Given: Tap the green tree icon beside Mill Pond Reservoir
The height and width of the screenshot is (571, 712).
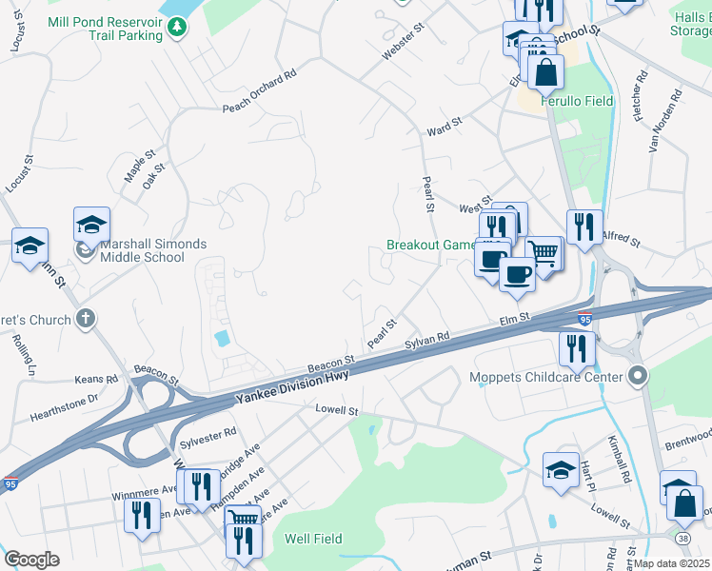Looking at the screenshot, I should click(176, 28).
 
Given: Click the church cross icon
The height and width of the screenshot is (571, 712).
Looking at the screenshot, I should click(86, 319).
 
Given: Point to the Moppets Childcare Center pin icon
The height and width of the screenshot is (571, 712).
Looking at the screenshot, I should click(640, 377).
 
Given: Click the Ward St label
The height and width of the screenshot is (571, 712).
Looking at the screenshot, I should click(444, 123).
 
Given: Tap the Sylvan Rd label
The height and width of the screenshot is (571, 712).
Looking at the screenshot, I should click(426, 341).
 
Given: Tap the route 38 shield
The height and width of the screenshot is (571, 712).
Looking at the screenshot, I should click(682, 538).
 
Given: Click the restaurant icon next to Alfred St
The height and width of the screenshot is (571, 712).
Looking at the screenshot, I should click(584, 227).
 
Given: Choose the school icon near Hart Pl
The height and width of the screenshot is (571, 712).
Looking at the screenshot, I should click(561, 469).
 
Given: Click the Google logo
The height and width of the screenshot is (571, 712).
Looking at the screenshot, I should click(31, 559).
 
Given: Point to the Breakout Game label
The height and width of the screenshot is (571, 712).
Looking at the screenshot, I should click(430, 245).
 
